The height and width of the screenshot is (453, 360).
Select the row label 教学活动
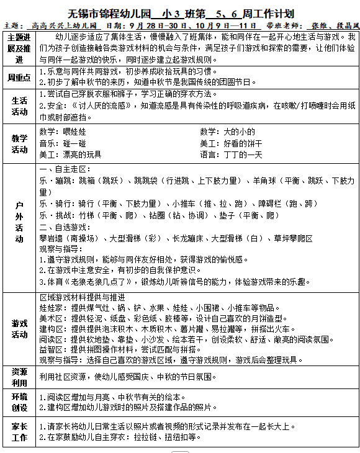[19, 143]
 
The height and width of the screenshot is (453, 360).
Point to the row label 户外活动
[19, 222]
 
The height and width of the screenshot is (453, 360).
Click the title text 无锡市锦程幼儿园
[105, 13]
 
